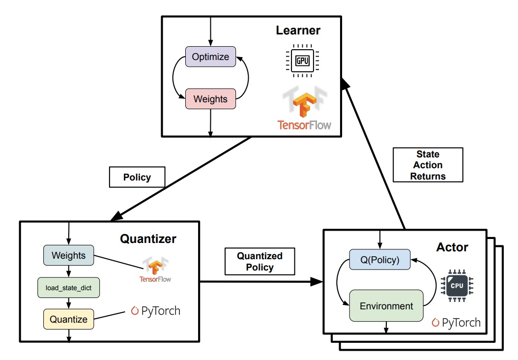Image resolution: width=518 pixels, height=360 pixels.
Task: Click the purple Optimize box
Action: point(210,57)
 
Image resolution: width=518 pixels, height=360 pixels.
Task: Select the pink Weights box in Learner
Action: point(210,99)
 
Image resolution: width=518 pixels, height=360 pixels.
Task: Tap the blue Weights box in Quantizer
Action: point(68,255)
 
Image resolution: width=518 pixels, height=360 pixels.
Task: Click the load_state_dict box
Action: point(68,288)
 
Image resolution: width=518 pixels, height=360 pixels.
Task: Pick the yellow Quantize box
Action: point(68,319)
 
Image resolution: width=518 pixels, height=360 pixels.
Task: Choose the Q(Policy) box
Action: point(380,260)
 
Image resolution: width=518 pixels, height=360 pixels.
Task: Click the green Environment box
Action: point(386,306)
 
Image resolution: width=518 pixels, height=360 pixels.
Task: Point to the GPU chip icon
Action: point(302,60)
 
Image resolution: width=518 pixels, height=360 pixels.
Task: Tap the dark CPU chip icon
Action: point(457,286)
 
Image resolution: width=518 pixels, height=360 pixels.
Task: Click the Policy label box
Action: point(137,177)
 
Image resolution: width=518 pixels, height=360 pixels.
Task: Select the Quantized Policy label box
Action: point(259,262)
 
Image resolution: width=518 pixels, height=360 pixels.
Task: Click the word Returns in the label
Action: point(428,176)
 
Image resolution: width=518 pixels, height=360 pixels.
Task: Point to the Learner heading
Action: point(298,30)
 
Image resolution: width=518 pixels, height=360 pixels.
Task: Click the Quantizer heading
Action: point(148,239)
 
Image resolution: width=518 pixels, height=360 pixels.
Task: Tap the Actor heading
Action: point(452,247)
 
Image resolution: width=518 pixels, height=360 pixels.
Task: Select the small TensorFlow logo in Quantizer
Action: point(155,269)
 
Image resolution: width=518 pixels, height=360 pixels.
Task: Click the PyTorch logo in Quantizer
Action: point(156,311)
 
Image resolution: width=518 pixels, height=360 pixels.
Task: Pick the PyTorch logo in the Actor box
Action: point(456,323)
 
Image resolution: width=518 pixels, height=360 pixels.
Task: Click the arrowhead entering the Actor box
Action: point(317,282)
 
